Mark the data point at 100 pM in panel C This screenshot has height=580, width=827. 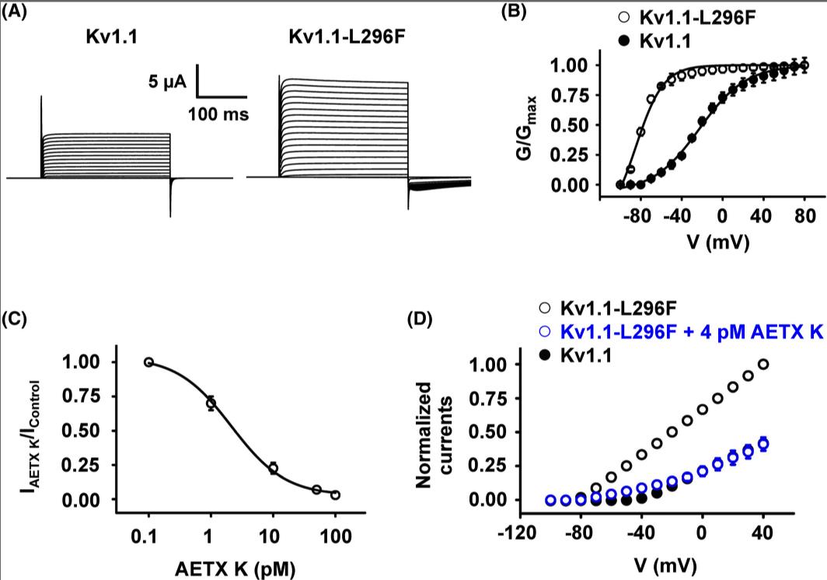pyautogui.click(x=335, y=494)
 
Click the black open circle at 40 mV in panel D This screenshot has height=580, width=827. pyautogui.click(x=763, y=364)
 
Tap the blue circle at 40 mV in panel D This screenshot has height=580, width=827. pyautogui.click(x=763, y=443)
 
